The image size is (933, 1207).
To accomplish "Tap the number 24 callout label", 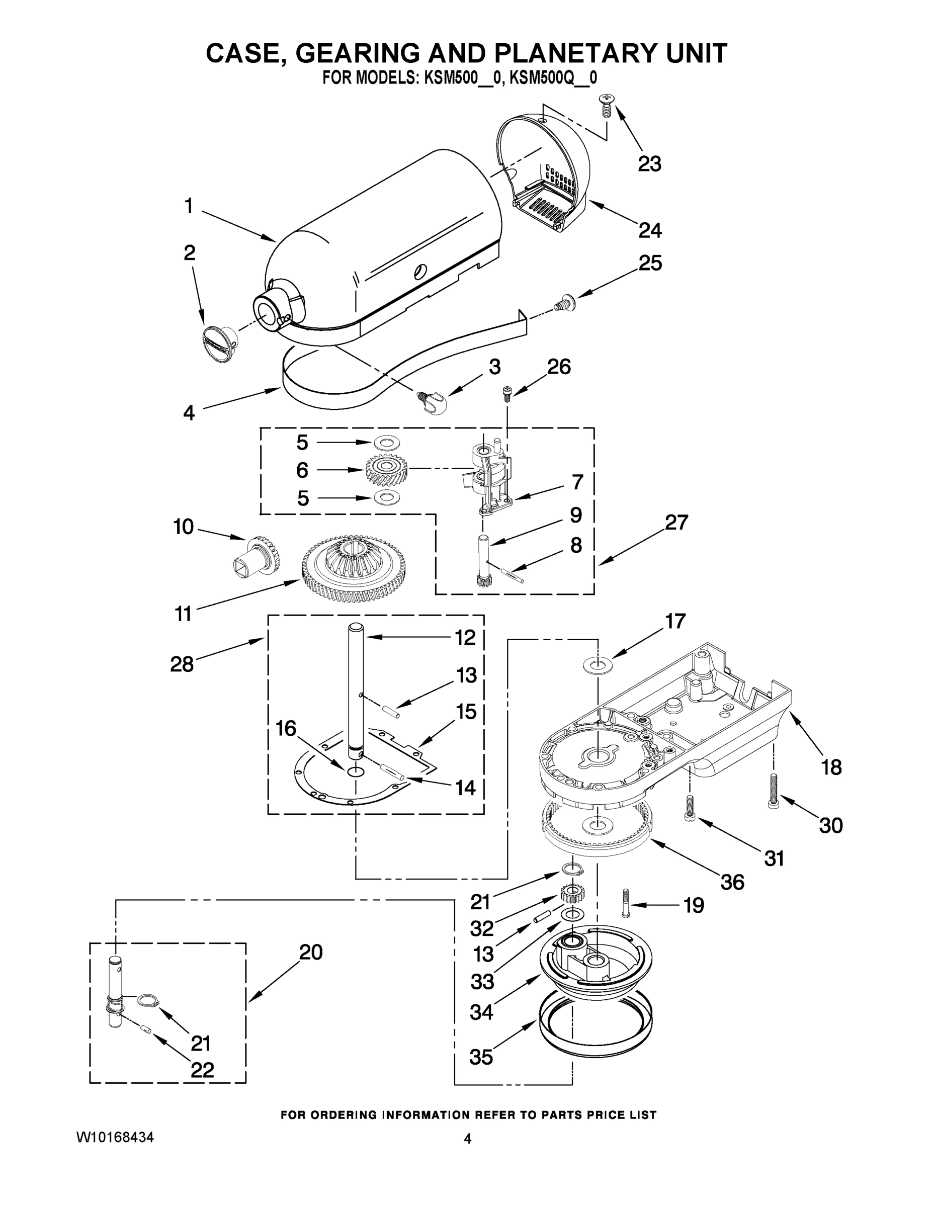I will [x=649, y=230].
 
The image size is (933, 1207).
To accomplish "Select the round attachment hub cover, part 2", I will [x=219, y=344].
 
